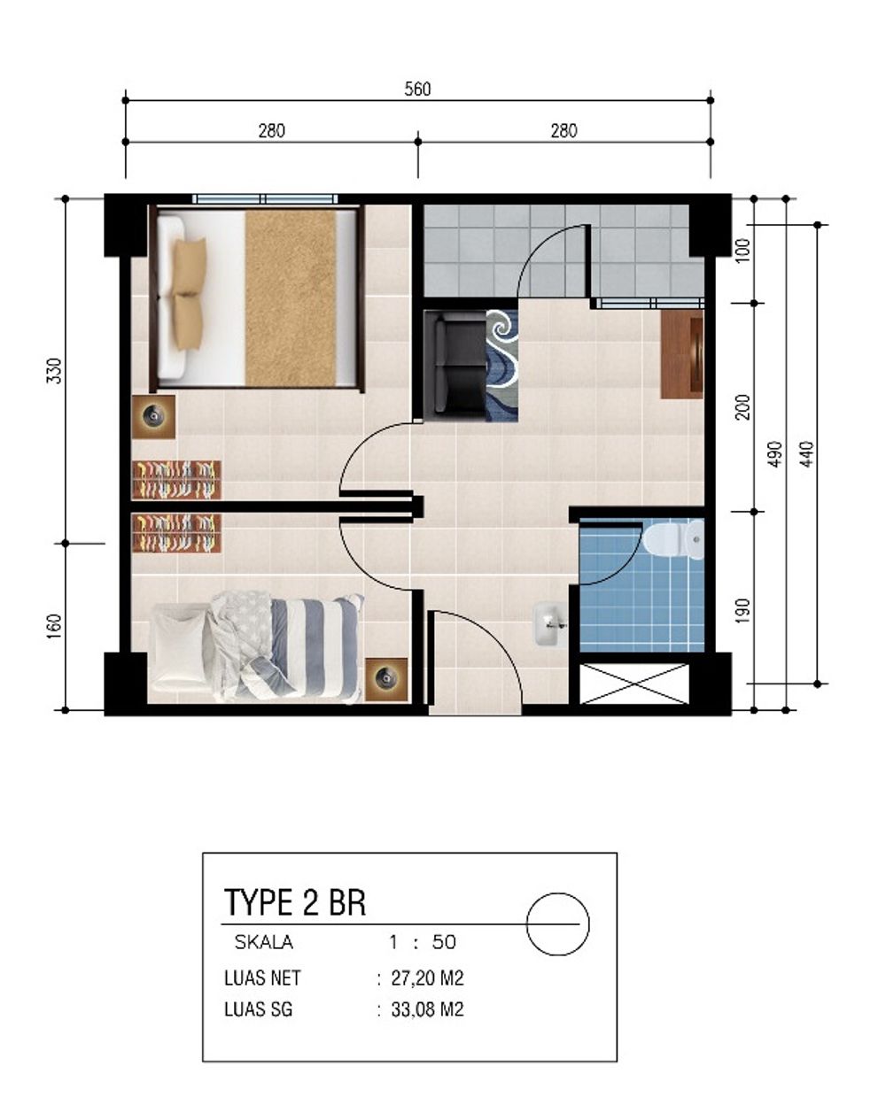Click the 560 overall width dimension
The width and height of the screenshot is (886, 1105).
(x=417, y=89)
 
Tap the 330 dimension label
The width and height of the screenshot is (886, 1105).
(x=55, y=369)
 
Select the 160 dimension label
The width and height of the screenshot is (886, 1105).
(x=55, y=624)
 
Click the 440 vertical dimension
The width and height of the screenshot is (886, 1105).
(x=806, y=453)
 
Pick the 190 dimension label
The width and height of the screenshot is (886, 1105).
(x=742, y=610)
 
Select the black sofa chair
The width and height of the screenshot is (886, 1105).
(x=455, y=363)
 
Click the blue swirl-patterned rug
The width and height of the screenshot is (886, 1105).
(x=501, y=363)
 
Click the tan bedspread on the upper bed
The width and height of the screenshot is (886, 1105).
(x=290, y=297)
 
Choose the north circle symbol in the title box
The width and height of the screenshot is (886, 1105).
(x=557, y=922)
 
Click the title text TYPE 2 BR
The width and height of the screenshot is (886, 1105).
(x=295, y=902)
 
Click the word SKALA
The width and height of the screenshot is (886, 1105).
(x=263, y=942)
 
